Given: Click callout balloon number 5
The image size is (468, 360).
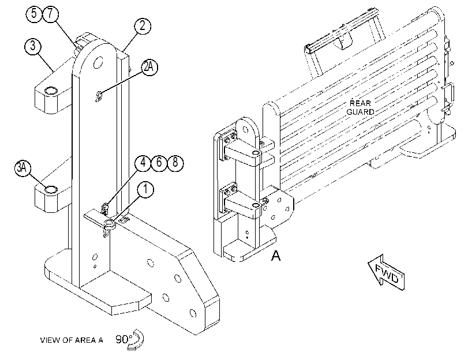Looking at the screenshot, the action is tap(34, 13).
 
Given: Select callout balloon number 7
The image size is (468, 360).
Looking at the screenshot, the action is tap(50, 13).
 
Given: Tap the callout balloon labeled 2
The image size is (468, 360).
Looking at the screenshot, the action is tap(143, 26).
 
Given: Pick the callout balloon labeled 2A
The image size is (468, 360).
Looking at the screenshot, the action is tap(149, 67).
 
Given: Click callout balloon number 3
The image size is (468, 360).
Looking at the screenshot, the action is tap(32, 46).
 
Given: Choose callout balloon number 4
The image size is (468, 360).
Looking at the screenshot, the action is tap(143, 163).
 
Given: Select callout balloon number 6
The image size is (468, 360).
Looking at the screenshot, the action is tap(159, 163).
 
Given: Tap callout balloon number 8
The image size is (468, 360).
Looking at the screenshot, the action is tap(175, 163).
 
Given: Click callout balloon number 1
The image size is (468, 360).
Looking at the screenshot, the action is tap(145, 190).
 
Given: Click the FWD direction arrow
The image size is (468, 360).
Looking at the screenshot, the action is tap(386, 272).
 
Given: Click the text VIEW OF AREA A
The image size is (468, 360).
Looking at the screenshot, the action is tap(72, 340).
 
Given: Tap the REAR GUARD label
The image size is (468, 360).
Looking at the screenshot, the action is tap(360, 107).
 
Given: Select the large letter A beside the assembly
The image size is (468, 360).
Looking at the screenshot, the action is tap(276, 256).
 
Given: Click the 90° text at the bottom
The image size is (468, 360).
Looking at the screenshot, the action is tap(123, 339).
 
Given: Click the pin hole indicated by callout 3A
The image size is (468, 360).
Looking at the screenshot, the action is tap(50, 189).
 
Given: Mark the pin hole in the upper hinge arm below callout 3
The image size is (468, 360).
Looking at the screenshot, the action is tap(50, 91).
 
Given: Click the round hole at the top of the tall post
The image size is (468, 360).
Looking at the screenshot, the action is tap(98, 63).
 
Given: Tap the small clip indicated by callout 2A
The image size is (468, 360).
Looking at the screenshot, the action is tap(99, 96).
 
